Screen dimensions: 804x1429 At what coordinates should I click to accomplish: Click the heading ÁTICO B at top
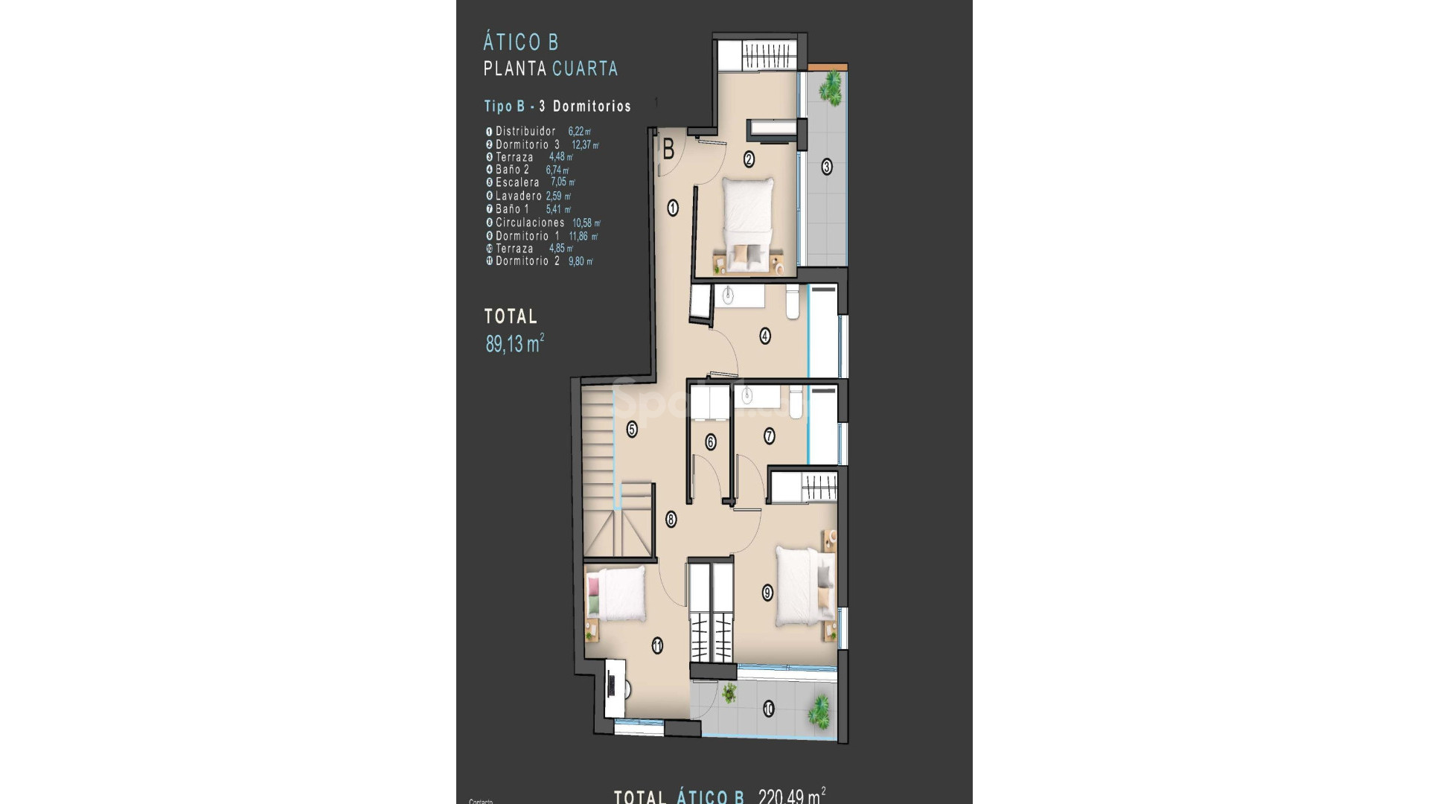[x=520, y=42]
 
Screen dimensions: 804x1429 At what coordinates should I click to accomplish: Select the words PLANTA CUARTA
[x=551, y=68]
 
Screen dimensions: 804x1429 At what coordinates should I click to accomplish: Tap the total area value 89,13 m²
[x=514, y=344]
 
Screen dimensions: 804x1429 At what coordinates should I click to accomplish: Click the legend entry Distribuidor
[x=525, y=131]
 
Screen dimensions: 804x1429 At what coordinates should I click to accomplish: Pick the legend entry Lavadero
[x=518, y=196]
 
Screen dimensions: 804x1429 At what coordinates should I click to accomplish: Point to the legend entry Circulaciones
[x=530, y=223]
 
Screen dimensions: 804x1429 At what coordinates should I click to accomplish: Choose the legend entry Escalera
[x=517, y=182]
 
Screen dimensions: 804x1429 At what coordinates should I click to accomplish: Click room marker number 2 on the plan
[x=749, y=158]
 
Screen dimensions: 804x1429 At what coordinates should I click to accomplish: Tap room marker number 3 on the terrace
[x=826, y=167]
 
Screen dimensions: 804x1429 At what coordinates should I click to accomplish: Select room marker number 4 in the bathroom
[x=765, y=336]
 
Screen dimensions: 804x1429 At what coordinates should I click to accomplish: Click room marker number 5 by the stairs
[x=632, y=429]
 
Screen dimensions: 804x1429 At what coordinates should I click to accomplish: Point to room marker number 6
[x=710, y=442]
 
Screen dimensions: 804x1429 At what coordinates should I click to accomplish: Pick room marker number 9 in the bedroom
[x=767, y=593]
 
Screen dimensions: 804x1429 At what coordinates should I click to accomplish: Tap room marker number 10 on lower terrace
[x=768, y=709]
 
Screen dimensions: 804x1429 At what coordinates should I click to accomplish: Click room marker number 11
[x=657, y=646]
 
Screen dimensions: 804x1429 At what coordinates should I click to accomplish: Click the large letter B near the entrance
[x=668, y=150]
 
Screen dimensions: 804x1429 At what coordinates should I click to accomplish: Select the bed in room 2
[x=749, y=223]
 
